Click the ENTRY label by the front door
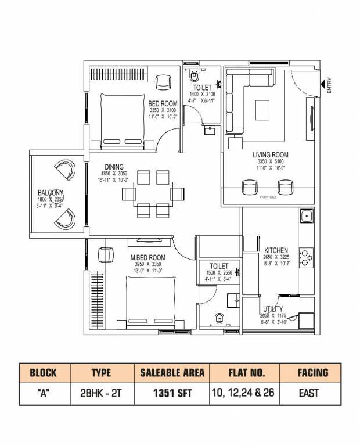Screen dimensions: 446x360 pos(329,86)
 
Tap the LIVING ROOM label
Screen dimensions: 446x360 pos(270,155)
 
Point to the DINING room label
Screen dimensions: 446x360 pos(114,167)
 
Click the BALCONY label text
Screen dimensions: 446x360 pos(51,192)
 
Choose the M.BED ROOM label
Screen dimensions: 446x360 pos(147,257)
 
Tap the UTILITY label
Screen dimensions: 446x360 pos(272,309)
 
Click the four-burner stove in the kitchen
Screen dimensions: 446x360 pos(305,256)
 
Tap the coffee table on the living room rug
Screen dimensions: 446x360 pos(262,109)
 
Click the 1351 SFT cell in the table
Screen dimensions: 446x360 pos(170,393)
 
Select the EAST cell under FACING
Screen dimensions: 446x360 pos(308,393)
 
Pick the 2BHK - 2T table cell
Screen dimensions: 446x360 pos(101,393)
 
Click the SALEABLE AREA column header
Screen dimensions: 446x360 pos(170,372)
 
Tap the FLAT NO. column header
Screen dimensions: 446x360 pos(243,372)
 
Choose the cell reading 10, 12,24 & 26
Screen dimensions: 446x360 pos(243,393)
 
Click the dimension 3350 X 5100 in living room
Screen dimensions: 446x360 pos(270,162)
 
